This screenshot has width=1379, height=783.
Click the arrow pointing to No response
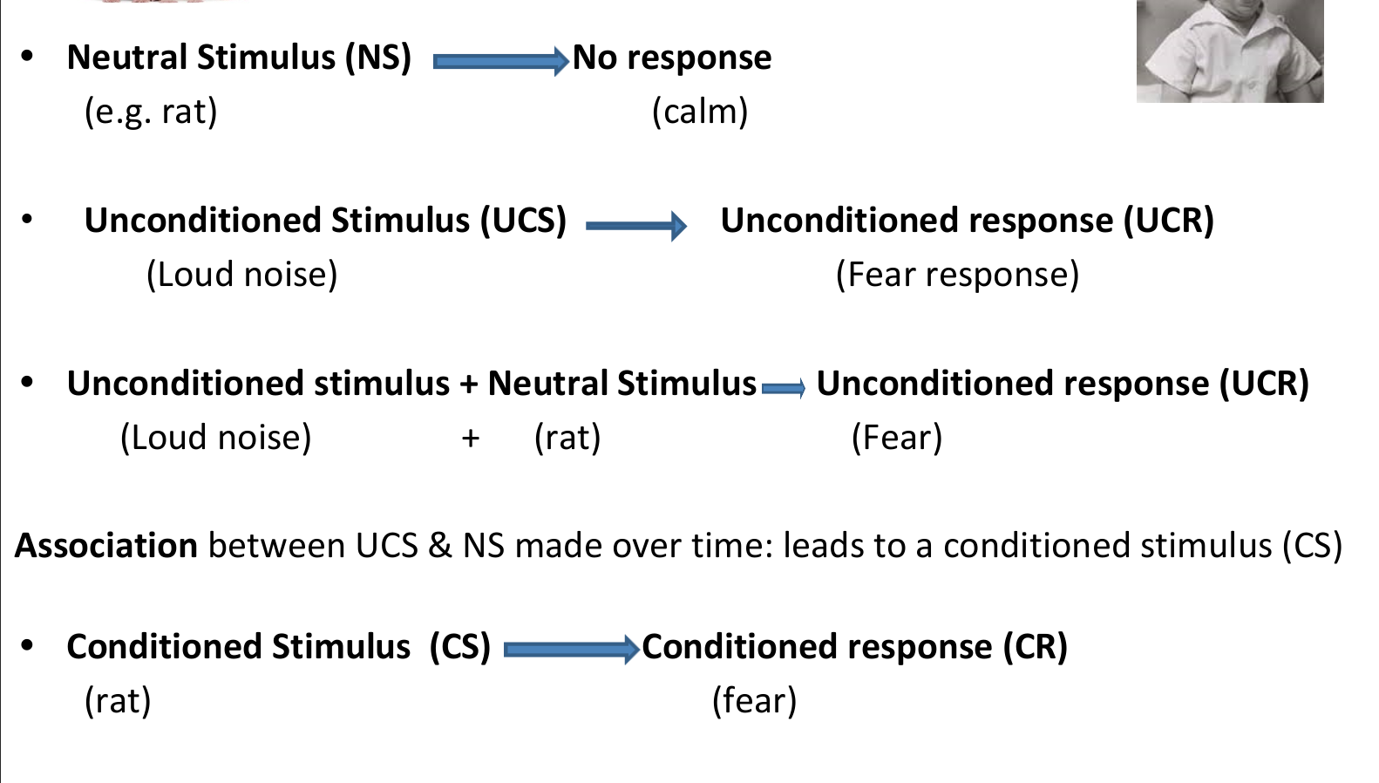coord(501,61)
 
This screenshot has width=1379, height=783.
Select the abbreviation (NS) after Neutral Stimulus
coord(378,58)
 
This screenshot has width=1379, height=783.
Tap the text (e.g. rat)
coord(151,112)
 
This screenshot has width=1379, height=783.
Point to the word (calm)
coord(700,112)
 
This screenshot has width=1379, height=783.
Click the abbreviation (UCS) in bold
coord(523,221)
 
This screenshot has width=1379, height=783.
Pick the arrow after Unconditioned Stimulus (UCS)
coord(636,226)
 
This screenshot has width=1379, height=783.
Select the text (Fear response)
coord(957,275)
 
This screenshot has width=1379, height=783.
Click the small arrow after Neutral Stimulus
coord(783,388)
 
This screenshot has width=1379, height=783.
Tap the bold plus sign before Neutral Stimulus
coord(468,385)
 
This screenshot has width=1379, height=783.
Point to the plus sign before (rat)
coord(471,439)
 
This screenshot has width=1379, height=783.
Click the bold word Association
coord(105,545)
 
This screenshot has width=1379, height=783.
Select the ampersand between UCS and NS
coord(439,546)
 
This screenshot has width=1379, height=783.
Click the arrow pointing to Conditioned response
coord(571,650)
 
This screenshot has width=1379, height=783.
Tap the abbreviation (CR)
coord(1036,648)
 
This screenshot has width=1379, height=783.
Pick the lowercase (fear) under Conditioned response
coord(754,701)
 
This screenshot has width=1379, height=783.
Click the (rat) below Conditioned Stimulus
coord(118,701)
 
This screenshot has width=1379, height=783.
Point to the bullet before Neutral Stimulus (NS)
coord(26,56)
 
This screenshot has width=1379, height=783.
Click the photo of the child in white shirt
coord(1229,51)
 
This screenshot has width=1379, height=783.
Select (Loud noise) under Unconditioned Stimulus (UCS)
coord(242,275)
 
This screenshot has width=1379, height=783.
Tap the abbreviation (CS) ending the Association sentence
coord(1312,546)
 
